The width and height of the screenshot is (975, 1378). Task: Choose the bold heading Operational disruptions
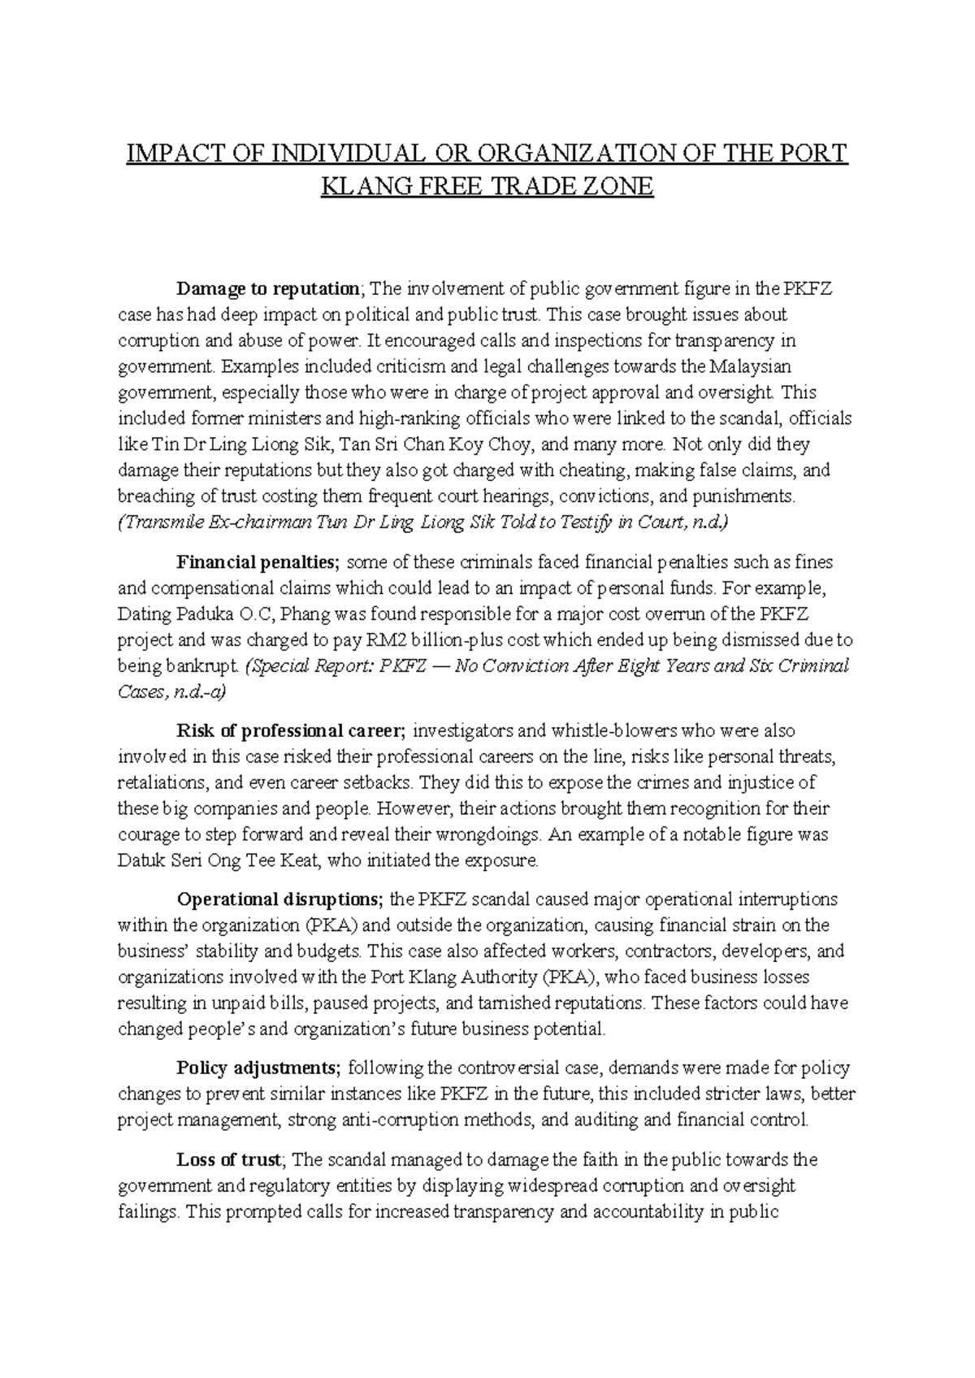pyautogui.click(x=279, y=899)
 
